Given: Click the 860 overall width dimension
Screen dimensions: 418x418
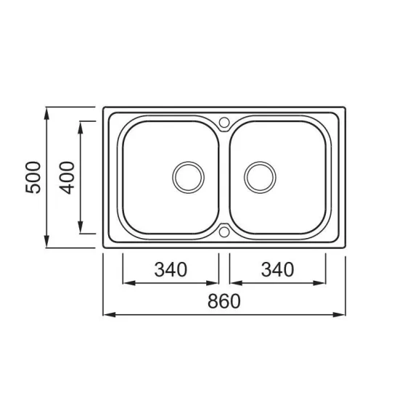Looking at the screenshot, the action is [x=224, y=301].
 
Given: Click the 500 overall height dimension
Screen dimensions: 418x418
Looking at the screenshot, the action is [x=33, y=177].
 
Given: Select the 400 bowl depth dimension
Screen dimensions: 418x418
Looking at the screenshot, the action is [x=67, y=178].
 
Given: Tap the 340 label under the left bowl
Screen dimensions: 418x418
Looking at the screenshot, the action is [x=171, y=269].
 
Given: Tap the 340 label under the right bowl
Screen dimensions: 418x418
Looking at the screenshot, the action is [x=277, y=269].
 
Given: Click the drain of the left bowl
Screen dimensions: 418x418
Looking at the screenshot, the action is [x=188, y=178].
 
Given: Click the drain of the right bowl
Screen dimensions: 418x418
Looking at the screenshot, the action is [x=260, y=178].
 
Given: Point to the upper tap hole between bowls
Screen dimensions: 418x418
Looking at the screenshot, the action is [x=224, y=123].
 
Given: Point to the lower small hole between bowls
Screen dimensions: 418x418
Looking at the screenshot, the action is [x=224, y=231].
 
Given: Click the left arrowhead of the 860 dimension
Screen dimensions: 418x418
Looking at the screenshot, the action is [x=110, y=314].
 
